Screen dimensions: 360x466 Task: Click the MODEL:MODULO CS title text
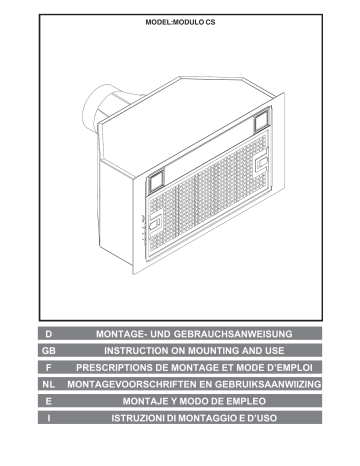180,22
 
